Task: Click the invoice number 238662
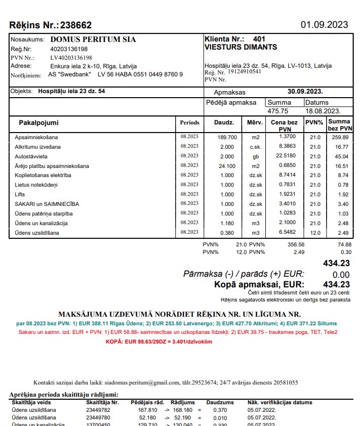coord(76,25)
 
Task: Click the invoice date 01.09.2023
coord(325,24)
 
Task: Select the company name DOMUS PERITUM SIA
coord(93,39)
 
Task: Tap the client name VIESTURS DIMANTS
coord(241,47)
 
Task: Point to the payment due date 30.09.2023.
coord(305,92)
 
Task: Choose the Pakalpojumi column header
coord(39,123)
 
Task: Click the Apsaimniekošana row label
coord(36,137)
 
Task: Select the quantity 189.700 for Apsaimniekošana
coord(227,137)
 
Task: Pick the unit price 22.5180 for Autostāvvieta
coord(286,156)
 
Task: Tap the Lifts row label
coord(20,194)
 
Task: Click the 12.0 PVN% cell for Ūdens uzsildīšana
coord(315,233)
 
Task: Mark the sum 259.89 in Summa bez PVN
coord(340,137)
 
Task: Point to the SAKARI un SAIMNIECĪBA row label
coord(47,204)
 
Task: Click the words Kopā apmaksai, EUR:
coord(259,284)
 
